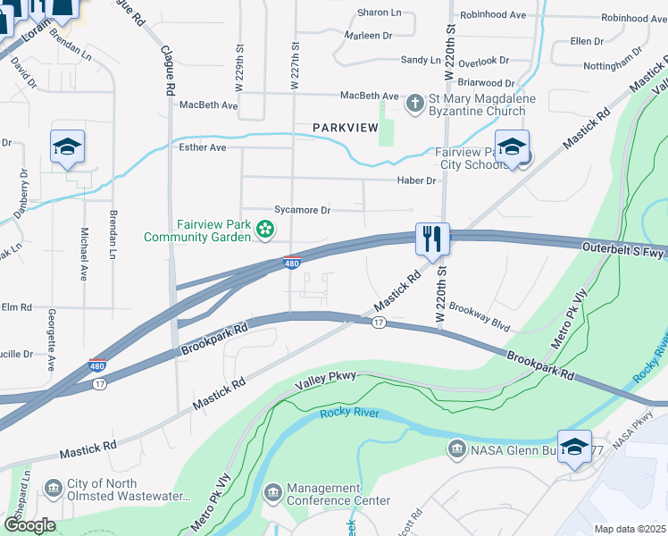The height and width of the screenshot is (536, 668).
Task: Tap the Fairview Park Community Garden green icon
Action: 265,230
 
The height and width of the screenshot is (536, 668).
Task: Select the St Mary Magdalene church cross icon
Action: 414,105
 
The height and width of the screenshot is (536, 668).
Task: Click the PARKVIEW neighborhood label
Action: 346,129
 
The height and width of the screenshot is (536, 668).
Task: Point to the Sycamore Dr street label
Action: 302,210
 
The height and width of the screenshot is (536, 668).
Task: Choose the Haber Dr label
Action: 417,180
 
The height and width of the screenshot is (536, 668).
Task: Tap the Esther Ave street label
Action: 203,147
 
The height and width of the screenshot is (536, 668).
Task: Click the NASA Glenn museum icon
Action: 457,448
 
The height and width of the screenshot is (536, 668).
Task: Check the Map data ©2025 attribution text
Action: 630,529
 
